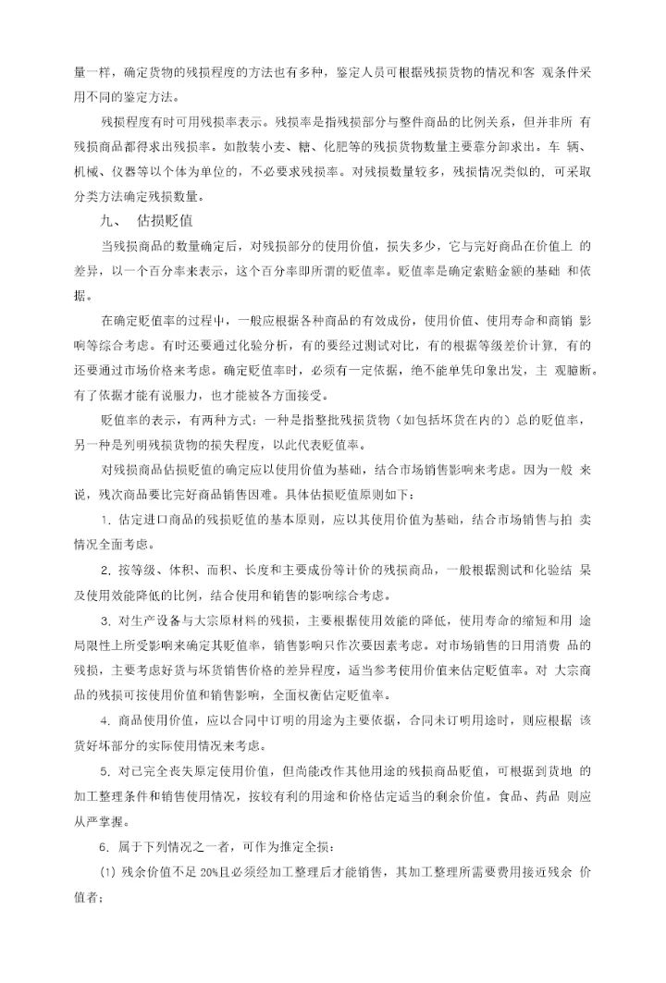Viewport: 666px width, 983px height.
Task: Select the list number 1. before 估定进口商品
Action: click(106, 522)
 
